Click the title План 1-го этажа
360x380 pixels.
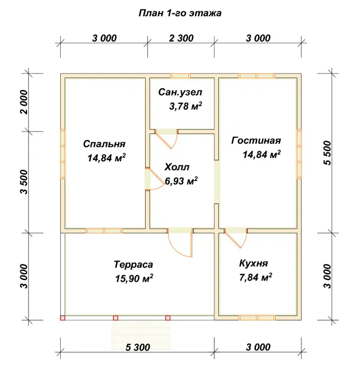[180, 13]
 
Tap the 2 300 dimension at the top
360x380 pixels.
[181, 38]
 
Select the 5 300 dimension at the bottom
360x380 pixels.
[138, 347]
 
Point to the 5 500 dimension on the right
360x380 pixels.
[327, 153]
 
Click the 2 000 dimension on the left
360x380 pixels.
[24, 102]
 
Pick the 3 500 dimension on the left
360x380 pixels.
[24, 182]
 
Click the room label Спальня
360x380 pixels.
[104, 144]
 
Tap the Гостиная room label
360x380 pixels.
[256, 141]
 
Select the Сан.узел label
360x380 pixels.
[180, 92]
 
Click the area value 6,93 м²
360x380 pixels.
[181, 181]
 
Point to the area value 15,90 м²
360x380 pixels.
[134, 278]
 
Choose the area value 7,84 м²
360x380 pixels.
[256, 277]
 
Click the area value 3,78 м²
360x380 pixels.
[186, 106]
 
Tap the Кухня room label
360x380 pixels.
[254, 263]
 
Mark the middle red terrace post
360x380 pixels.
[115, 318]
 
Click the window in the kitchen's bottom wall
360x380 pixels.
[257, 318]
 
